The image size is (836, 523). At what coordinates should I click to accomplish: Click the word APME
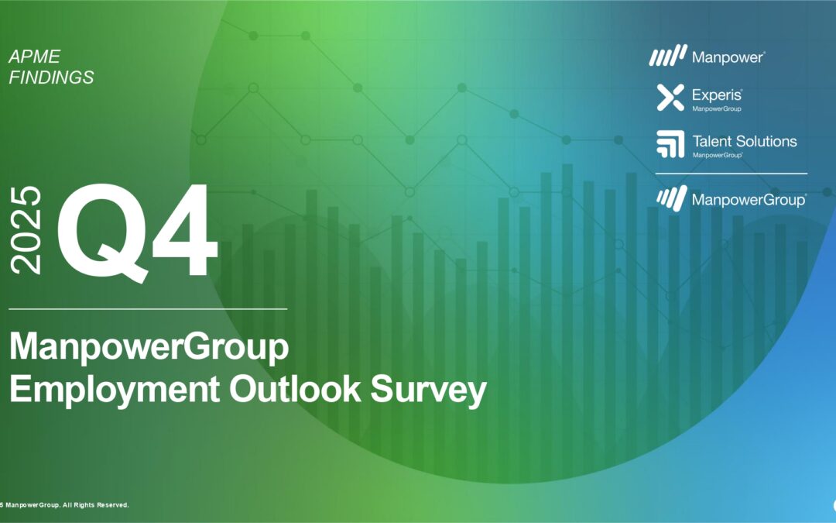coord(35,57)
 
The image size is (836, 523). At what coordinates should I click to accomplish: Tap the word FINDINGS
coord(51,77)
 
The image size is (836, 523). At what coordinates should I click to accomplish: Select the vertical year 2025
coord(26,230)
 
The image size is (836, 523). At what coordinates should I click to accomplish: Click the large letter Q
coord(102,232)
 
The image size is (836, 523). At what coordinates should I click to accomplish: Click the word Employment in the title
coord(115,390)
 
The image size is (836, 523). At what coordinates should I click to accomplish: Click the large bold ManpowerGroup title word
coord(149,348)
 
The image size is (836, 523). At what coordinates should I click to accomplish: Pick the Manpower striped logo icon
coord(668,56)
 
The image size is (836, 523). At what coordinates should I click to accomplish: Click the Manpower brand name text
coord(728,57)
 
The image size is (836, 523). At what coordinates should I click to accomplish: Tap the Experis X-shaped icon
coord(670,98)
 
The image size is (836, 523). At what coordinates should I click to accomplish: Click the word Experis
coord(717,95)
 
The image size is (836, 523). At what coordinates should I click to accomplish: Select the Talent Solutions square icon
coord(670,144)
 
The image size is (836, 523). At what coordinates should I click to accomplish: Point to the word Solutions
coord(766,142)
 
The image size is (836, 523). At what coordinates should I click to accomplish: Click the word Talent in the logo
coord(711,142)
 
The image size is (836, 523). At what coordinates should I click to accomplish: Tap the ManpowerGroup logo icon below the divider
coord(672,198)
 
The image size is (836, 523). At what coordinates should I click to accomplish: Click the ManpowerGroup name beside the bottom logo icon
coord(749,200)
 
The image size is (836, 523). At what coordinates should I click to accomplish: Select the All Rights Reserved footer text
coord(95,505)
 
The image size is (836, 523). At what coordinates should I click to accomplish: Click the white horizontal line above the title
coord(148,309)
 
